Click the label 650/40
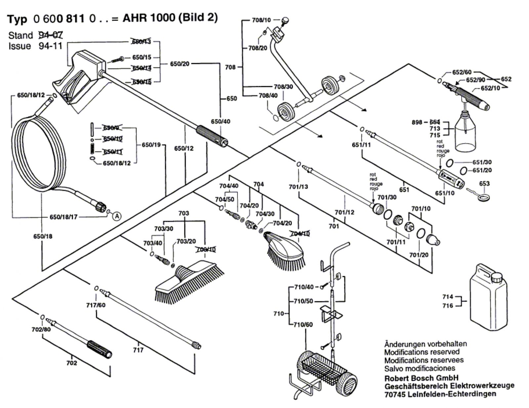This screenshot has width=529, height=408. [221, 121]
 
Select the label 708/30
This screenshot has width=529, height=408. [283, 87]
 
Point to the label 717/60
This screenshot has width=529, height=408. [96, 305]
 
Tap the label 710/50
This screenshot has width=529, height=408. [304, 301]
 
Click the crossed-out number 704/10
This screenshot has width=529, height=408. [300, 234]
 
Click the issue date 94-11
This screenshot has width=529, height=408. [50, 46]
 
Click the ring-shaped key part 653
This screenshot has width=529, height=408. [484, 198]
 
